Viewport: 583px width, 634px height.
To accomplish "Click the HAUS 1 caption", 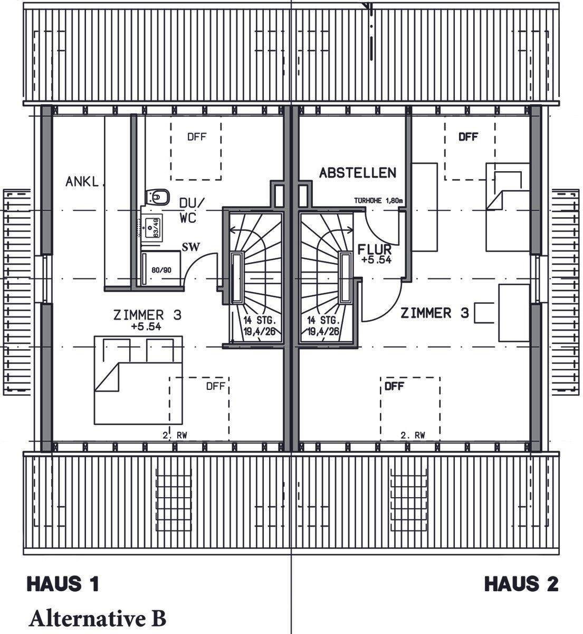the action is [x=63, y=584].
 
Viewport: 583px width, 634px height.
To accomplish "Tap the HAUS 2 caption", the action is [x=521, y=584].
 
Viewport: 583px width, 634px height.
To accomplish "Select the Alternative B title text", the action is [x=98, y=618].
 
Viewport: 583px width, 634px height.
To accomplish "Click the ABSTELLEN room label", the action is [x=358, y=173].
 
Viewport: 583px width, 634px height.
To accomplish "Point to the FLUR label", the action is [x=374, y=249].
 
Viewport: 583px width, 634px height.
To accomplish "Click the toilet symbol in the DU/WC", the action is [x=158, y=197].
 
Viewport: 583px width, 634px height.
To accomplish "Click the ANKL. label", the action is [x=83, y=182].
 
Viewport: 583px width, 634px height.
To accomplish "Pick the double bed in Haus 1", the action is [x=138, y=379].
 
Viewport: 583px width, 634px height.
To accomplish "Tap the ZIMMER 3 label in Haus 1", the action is [x=148, y=315].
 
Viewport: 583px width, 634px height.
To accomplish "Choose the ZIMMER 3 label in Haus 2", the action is [x=434, y=313].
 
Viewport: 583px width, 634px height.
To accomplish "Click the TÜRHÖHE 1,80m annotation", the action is [x=378, y=201].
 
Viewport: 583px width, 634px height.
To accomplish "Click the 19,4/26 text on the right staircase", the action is [x=323, y=331].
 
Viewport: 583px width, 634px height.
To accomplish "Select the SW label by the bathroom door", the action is [x=190, y=247].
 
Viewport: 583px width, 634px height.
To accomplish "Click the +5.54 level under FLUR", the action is [x=376, y=260].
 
